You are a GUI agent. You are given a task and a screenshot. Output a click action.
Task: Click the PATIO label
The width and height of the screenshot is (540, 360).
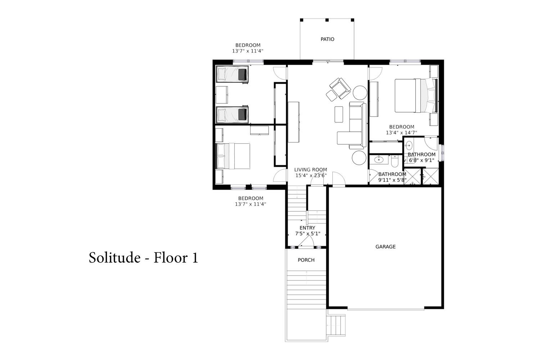pyautogui.click(x=327, y=39)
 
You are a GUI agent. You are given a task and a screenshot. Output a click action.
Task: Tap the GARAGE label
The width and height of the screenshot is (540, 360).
pyautogui.click(x=385, y=247)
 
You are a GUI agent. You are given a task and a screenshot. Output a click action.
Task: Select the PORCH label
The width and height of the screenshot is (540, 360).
pyautogui.click(x=306, y=260)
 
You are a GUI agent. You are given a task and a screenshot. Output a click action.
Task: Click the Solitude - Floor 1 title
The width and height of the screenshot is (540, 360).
pyautogui.click(x=143, y=257)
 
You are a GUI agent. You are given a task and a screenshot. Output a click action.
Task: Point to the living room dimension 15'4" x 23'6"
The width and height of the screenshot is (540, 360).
pyautogui.click(x=311, y=175)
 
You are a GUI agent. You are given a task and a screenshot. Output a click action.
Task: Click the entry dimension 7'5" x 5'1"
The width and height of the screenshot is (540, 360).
pyautogui.click(x=307, y=233)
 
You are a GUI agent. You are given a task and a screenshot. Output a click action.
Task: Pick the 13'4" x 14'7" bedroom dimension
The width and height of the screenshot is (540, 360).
pyautogui.click(x=401, y=132)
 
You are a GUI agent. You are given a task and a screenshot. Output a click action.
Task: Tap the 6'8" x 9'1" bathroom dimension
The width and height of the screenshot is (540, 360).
pyautogui.click(x=422, y=160)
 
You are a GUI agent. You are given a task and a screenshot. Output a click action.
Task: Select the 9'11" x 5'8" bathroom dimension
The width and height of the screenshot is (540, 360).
pyautogui.click(x=392, y=180)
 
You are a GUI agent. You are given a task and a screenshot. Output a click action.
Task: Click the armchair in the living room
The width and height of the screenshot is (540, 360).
pyautogui.click(x=340, y=88)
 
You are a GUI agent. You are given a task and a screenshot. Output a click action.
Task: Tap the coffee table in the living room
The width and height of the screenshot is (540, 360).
pyautogui.click(x=339, y=114)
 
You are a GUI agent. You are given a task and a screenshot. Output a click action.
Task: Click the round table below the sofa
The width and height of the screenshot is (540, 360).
pyautogui.click(x=359, y=158)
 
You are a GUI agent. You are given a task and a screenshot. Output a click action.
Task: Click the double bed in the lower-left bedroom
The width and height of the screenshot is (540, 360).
pyautogui.click(x=233, y=156)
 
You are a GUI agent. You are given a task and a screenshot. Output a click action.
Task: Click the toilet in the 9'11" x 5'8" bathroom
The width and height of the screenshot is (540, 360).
pyautogui.click(x=395, y=161)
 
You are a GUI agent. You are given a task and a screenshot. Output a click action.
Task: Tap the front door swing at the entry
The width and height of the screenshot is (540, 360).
pyautogui.click(x=306, y=240)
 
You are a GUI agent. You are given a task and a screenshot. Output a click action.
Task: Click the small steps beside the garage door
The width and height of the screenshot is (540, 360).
pyautogui.click(x=337, y=325)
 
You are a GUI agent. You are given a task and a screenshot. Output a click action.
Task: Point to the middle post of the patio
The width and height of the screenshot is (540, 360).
pyautogui.click(x=327, y=20)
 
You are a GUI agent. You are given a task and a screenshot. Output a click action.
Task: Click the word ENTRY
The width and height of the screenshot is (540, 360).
pyautogui.click(x=307, y=228)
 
